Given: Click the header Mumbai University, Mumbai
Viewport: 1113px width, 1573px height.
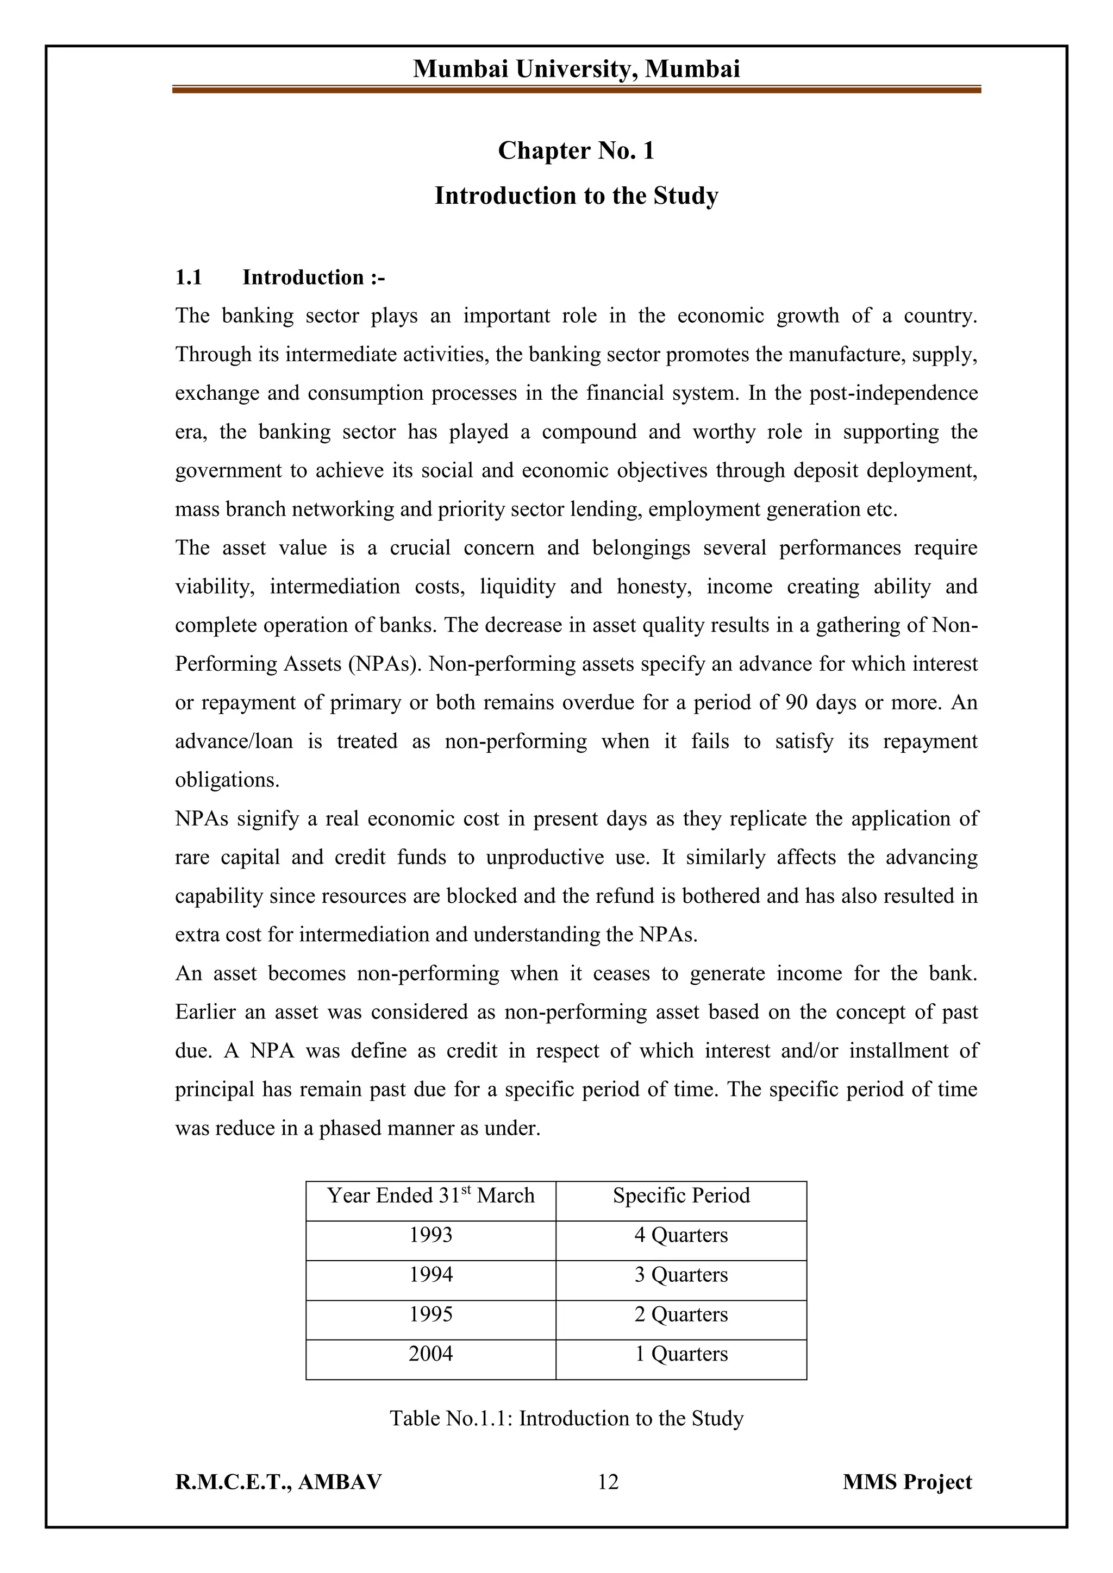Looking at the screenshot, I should click(x=577, y=69).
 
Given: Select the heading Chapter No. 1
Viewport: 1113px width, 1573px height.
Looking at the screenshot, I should click(x=577, y=150).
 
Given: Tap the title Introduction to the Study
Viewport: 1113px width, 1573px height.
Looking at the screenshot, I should click(x=577, y=196).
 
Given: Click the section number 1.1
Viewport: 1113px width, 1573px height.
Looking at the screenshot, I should click(x=189, y=278).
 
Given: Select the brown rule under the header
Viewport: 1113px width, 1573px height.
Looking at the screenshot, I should click(x=577, y=89).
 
